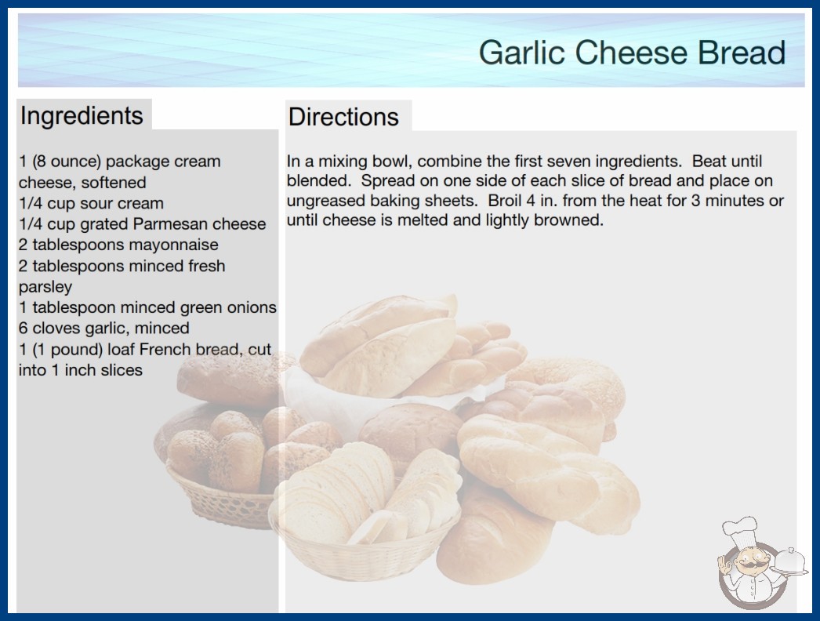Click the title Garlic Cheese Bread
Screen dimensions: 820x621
pos(633,53)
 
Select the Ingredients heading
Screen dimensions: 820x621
pos(82,116)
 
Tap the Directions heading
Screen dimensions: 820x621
pos(343,117)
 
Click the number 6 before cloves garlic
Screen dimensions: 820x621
pos(23,328)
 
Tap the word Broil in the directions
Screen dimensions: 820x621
pos(504,201)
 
